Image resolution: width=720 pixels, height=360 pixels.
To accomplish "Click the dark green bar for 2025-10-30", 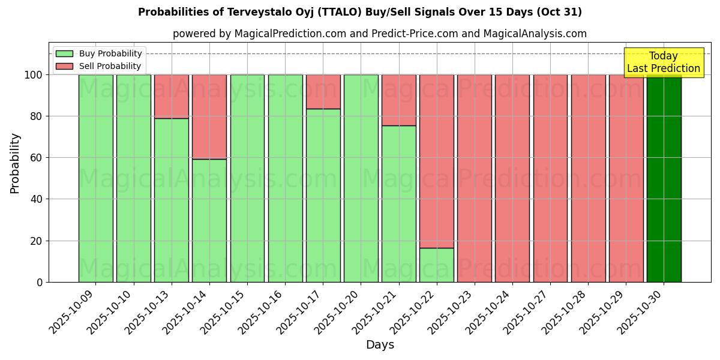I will (x=664, y=178).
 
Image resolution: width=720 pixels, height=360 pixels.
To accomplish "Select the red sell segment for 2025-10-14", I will (x=209, y=116).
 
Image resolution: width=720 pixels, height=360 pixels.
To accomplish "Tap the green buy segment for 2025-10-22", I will (x=437, y=265).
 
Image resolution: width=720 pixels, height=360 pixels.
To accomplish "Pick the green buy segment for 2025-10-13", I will (x=172, y=200).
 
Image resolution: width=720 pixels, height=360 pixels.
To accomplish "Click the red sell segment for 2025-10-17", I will (x=323, y=91).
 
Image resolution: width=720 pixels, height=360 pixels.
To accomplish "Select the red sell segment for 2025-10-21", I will (x=399, y=100).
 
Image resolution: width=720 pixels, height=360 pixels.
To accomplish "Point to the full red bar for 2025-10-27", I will (x=550, y=178).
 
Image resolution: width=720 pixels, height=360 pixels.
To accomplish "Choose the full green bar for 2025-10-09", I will (x=96, y=178).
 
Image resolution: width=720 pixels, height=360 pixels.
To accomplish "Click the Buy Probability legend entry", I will (x=110, y=53).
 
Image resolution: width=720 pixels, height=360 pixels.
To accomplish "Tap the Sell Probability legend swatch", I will (x=64, y=66).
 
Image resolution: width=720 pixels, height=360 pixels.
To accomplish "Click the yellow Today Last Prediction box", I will (x=663, y=62).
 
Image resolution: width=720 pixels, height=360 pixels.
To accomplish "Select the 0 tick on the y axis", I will (x=40, y=282).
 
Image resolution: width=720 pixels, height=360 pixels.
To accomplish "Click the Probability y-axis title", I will (x=15, y=163).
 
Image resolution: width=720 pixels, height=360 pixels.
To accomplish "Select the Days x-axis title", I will (x=380, y=344).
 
